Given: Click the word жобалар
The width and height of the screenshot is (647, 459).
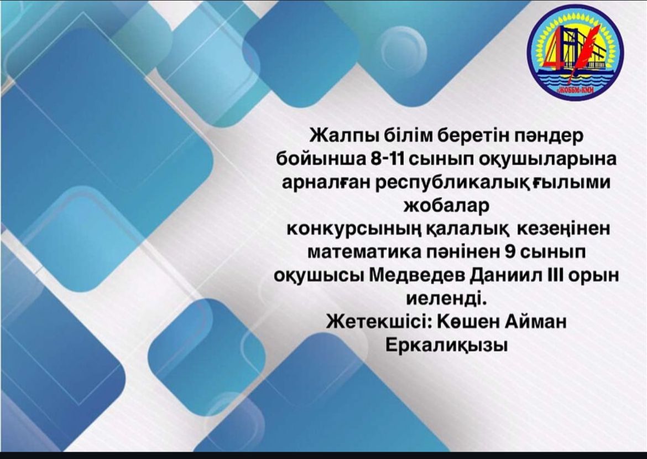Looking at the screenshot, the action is pos(446,205).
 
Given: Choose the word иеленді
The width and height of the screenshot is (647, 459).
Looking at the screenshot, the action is pos(446,298).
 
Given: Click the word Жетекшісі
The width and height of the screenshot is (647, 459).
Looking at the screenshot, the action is pos(378,322).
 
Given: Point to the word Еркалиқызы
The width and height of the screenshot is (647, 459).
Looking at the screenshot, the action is pos(446,345).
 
